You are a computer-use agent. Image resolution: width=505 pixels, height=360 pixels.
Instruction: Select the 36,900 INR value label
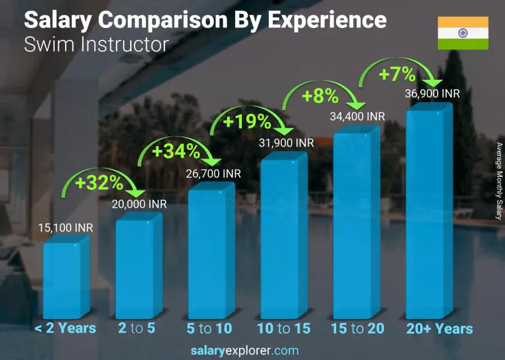[x=432, y=94]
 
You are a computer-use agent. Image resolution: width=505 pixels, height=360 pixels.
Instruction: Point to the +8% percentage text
[x=320, y=96]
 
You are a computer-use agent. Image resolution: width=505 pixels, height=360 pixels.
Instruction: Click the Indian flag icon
[x=463, y=34]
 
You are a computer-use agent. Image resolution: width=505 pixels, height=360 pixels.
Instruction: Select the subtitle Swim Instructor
[x=96, y=44]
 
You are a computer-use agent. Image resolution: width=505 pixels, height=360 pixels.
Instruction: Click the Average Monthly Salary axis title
[x=499, y=181]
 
